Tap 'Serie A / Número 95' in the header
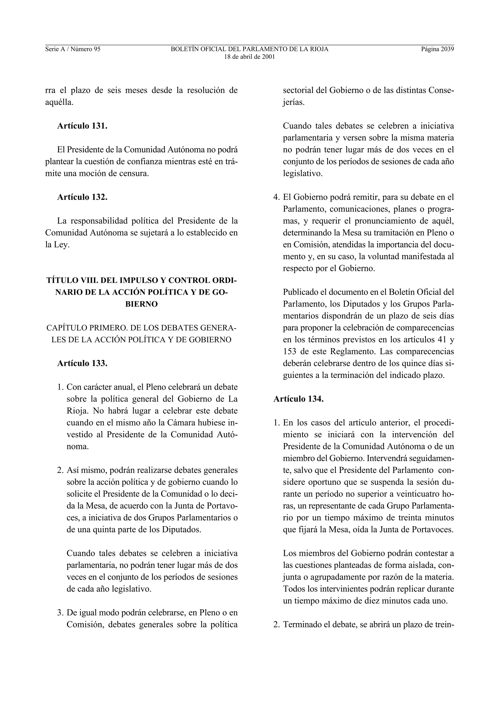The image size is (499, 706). pos(73,49)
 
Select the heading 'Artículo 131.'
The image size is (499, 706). pos(82,126)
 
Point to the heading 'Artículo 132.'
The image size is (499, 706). pos(82,197)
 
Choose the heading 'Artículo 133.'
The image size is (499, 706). pos(82,363)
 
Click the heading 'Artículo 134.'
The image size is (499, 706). pos(298,399)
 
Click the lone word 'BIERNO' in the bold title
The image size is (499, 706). pos(141,304)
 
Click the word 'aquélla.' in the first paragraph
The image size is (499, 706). pos(59,102)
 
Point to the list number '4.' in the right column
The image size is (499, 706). pos(276,197)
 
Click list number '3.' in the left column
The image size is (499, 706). pos(60,613)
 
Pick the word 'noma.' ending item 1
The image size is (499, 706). pos(77,447)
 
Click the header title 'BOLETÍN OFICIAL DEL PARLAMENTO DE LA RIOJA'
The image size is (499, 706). pos(249,49)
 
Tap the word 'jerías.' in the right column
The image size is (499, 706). pos(294,102)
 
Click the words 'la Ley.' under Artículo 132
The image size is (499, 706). pos(58,245)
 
